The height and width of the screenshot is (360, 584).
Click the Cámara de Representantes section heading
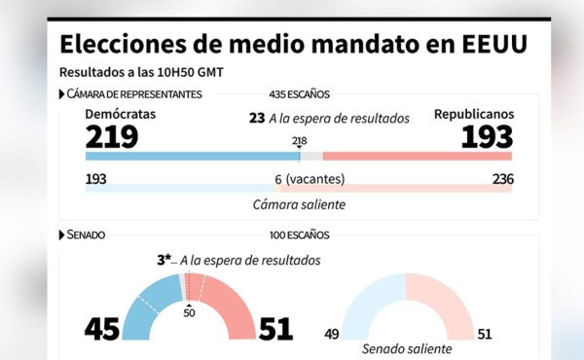(134, 94)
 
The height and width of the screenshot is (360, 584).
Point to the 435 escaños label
(299, 94)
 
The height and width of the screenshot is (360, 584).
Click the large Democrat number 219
(112, 136)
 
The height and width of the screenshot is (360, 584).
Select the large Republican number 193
(487, 136)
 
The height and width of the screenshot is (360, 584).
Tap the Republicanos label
(474, 115)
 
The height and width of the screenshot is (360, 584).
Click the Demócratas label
(121, 115)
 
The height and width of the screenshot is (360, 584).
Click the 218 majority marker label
(299, 141)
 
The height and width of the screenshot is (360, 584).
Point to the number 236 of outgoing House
(502, 179)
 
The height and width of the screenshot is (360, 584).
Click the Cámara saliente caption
(298, 204)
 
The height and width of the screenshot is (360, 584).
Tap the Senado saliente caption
(406, 347)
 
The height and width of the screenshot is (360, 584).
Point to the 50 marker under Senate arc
(188, 313)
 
